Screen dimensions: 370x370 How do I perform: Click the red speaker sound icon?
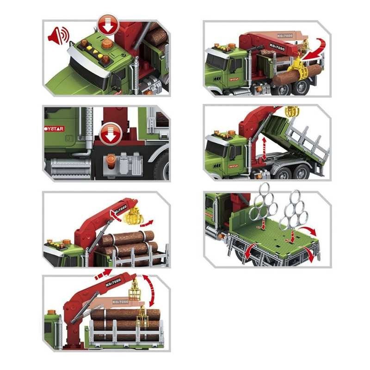(x=59, y=36)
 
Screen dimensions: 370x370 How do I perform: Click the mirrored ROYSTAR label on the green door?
(x=55, y=129)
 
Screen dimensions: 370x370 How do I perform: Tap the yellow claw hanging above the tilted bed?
(x=292, y=111)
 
